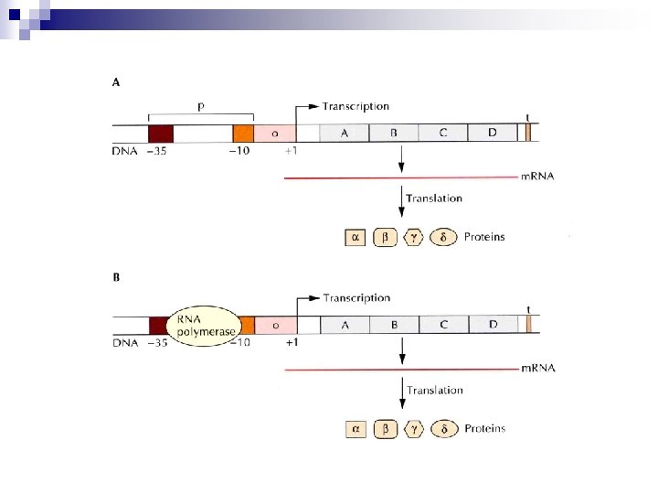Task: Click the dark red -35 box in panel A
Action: click(x=160, y=133)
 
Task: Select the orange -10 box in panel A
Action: click(x=242, y=133)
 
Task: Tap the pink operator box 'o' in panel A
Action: click(x=275, y=133)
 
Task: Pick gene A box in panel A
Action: click(x=345, y=133)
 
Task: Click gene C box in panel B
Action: click(x=443, y=325)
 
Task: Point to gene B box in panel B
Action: click(x=394, y=325)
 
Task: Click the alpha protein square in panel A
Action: click(x=355, y=237)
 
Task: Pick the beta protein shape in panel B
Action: click(x=385, y=428)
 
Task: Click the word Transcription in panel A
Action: click(x=356, y=107)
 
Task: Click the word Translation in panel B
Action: click(x=434, y=391)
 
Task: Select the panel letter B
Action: click(x=116, y=275)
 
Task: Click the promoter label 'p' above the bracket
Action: click(x=201, y=107)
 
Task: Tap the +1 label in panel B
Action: click(x=292, y=342)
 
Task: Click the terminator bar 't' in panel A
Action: click(x=528, y=133)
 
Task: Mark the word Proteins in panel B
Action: click(x=484, y=428)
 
